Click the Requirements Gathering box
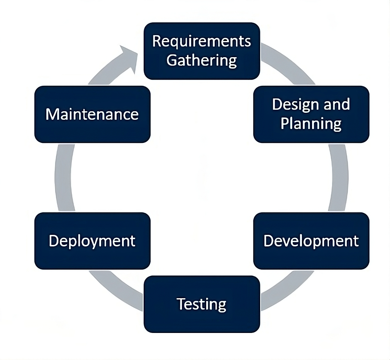point(202,51)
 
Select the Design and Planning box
point(311,114)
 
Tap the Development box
point(311,241)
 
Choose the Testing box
point(202,304)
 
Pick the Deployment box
point(92,241)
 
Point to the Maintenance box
point(92,114)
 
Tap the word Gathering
point(202,61)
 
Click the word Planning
point(311,124)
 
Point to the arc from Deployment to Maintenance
point(63,178)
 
